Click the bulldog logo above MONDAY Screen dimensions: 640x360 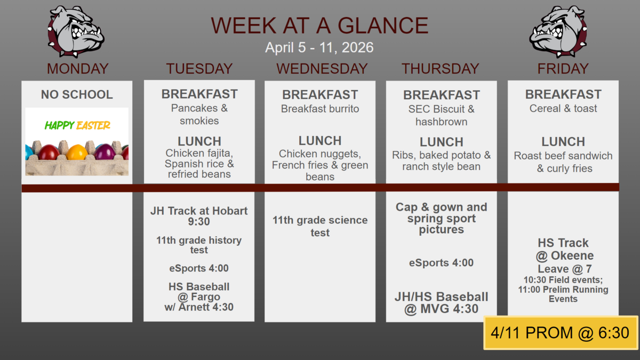click(x=76, y=31)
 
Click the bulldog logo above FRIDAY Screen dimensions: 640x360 click(x=558, y=31)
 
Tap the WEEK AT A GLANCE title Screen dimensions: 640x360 click(x=319, y=26)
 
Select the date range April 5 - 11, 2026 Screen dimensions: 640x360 click(x=319, y=47)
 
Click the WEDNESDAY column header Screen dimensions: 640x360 click(x=322, y=69)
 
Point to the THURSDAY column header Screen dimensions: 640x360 click(x=441, y=69)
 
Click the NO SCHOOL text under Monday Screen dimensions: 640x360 click(x=77, y=94)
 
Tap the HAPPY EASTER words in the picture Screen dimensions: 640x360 click(x=77, y=125)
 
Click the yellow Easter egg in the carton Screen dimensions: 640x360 click(x=77, y=151)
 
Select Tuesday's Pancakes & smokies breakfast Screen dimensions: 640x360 click(x=199, y=114)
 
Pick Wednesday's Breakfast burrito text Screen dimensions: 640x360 click(x=320, y=109)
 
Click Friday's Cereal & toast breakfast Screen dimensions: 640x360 click(x=563, y=109)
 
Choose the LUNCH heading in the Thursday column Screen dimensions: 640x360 click(x=442, y=142)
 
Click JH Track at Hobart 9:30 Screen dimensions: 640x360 click(x=199, y=216)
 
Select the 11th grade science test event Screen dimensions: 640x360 click(x=320, y=226)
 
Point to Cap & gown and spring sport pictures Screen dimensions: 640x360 click(x=442, y=218)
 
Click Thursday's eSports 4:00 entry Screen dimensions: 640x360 click(x=441, y=262)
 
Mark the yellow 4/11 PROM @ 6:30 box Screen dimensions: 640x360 click(x=561, y=333)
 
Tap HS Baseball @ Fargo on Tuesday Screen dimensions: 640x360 click(x=199, y=292)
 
